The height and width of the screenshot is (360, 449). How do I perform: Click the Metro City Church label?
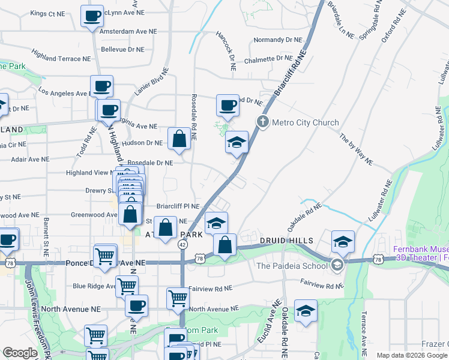306,122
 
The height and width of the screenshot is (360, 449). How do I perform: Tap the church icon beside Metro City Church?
262,122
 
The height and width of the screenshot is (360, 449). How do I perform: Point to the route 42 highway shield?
181,244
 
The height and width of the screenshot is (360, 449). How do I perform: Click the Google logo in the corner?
20,353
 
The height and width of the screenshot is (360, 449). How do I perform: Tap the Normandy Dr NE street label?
277,40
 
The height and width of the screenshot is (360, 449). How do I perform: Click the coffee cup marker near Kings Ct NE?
92,16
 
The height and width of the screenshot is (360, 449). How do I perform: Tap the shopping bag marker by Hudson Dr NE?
179,139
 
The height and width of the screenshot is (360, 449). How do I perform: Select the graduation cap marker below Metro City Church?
237,143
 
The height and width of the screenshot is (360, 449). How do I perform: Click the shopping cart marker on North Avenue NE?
178,298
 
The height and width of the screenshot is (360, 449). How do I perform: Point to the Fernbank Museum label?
421,250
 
